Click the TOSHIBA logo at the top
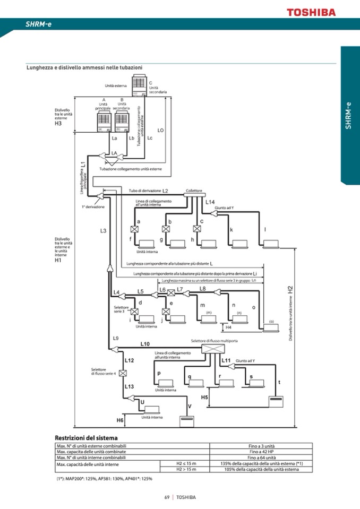[311, 12]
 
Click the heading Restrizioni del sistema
[86, 437]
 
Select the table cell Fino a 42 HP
[262, 451]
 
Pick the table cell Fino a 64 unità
[262, 457]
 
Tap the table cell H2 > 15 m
[186, 469]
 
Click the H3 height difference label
[58, 124]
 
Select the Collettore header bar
[194, 195]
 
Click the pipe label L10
[145, 344]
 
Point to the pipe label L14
[210, 202]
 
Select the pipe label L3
[103, 230]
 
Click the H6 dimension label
[120, 420]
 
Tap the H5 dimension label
[204, 397]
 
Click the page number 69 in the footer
[167, 497]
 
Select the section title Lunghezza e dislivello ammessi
[84, 67]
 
